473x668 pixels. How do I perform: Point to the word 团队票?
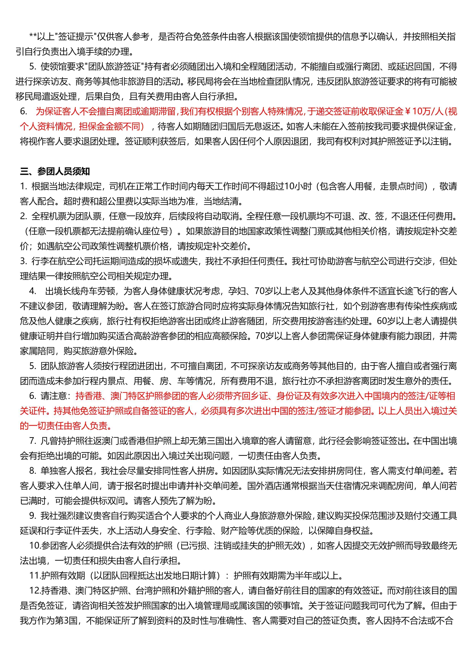[87, 216]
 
